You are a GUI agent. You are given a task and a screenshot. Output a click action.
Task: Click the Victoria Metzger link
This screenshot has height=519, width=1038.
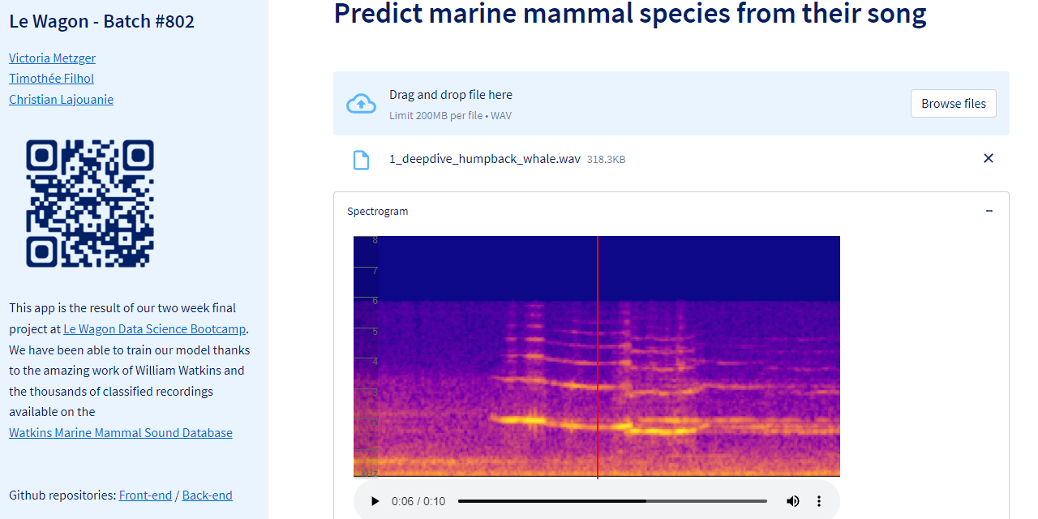click(53, 58)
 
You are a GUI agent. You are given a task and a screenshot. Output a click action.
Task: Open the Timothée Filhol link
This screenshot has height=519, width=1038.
click(51, 79)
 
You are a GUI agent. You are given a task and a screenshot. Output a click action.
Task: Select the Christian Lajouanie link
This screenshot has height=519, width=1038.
click(61, 99)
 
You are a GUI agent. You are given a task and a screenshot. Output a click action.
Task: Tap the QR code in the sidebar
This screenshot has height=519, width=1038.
click(90, 204)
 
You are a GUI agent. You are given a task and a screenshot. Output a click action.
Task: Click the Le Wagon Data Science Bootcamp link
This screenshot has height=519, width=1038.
click(154, 328)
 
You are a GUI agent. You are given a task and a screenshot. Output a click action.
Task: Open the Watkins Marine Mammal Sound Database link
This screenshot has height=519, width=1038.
click(121, 432)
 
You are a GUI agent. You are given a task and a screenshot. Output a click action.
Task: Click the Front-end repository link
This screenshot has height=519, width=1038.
click(145, 495)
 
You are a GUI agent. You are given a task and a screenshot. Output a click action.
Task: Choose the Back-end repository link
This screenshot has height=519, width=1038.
click(207, 495)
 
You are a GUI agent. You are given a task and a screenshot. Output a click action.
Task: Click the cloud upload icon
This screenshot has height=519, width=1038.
click(361, 103)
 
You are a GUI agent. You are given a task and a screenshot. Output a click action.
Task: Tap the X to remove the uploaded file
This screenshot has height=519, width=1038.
click(988, 158)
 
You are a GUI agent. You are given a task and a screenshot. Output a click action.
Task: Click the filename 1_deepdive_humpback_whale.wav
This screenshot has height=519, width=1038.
click(485, 159)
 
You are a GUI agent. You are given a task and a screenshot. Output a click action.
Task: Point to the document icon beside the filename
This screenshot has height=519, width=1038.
click(361, 160)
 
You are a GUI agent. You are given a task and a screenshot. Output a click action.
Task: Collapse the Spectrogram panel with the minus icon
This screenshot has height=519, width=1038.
click(989, 211)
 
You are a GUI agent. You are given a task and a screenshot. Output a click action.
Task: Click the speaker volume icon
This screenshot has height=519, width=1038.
click(792, 501)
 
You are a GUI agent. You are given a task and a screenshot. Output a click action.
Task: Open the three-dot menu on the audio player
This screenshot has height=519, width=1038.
click(819, 501)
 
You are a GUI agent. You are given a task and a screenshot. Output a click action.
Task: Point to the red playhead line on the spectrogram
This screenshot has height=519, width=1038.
click(598, 358)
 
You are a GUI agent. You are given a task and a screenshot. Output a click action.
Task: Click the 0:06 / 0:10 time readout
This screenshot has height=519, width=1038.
click(418, 501)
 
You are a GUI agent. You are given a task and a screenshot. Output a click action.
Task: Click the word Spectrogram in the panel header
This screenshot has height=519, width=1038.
click(378, 212)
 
